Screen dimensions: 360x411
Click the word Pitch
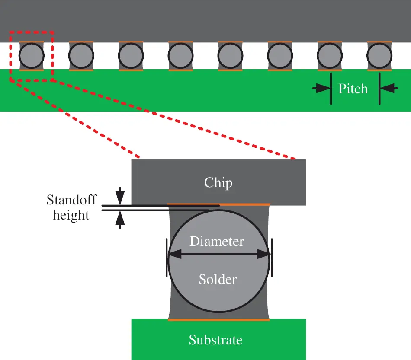click(353, 89)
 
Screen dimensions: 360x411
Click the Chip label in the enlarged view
click(218, 182)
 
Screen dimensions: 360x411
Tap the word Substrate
click(215, 340)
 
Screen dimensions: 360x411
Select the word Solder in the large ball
click(218, 279)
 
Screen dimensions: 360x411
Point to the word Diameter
click(217, 241)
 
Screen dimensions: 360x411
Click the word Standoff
click(71, 200)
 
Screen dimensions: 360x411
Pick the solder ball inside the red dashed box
click(32, 56)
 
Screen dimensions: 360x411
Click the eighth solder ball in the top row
click(379, 56)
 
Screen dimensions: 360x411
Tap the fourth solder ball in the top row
click(180, 56)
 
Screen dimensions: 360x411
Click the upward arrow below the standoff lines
click(120, 220)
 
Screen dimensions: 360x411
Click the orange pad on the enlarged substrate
click(218, 319)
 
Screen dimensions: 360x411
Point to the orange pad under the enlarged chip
click(218, 204)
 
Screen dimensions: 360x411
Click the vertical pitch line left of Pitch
click(331, 89)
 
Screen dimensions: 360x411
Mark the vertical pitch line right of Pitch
click(379, 89)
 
